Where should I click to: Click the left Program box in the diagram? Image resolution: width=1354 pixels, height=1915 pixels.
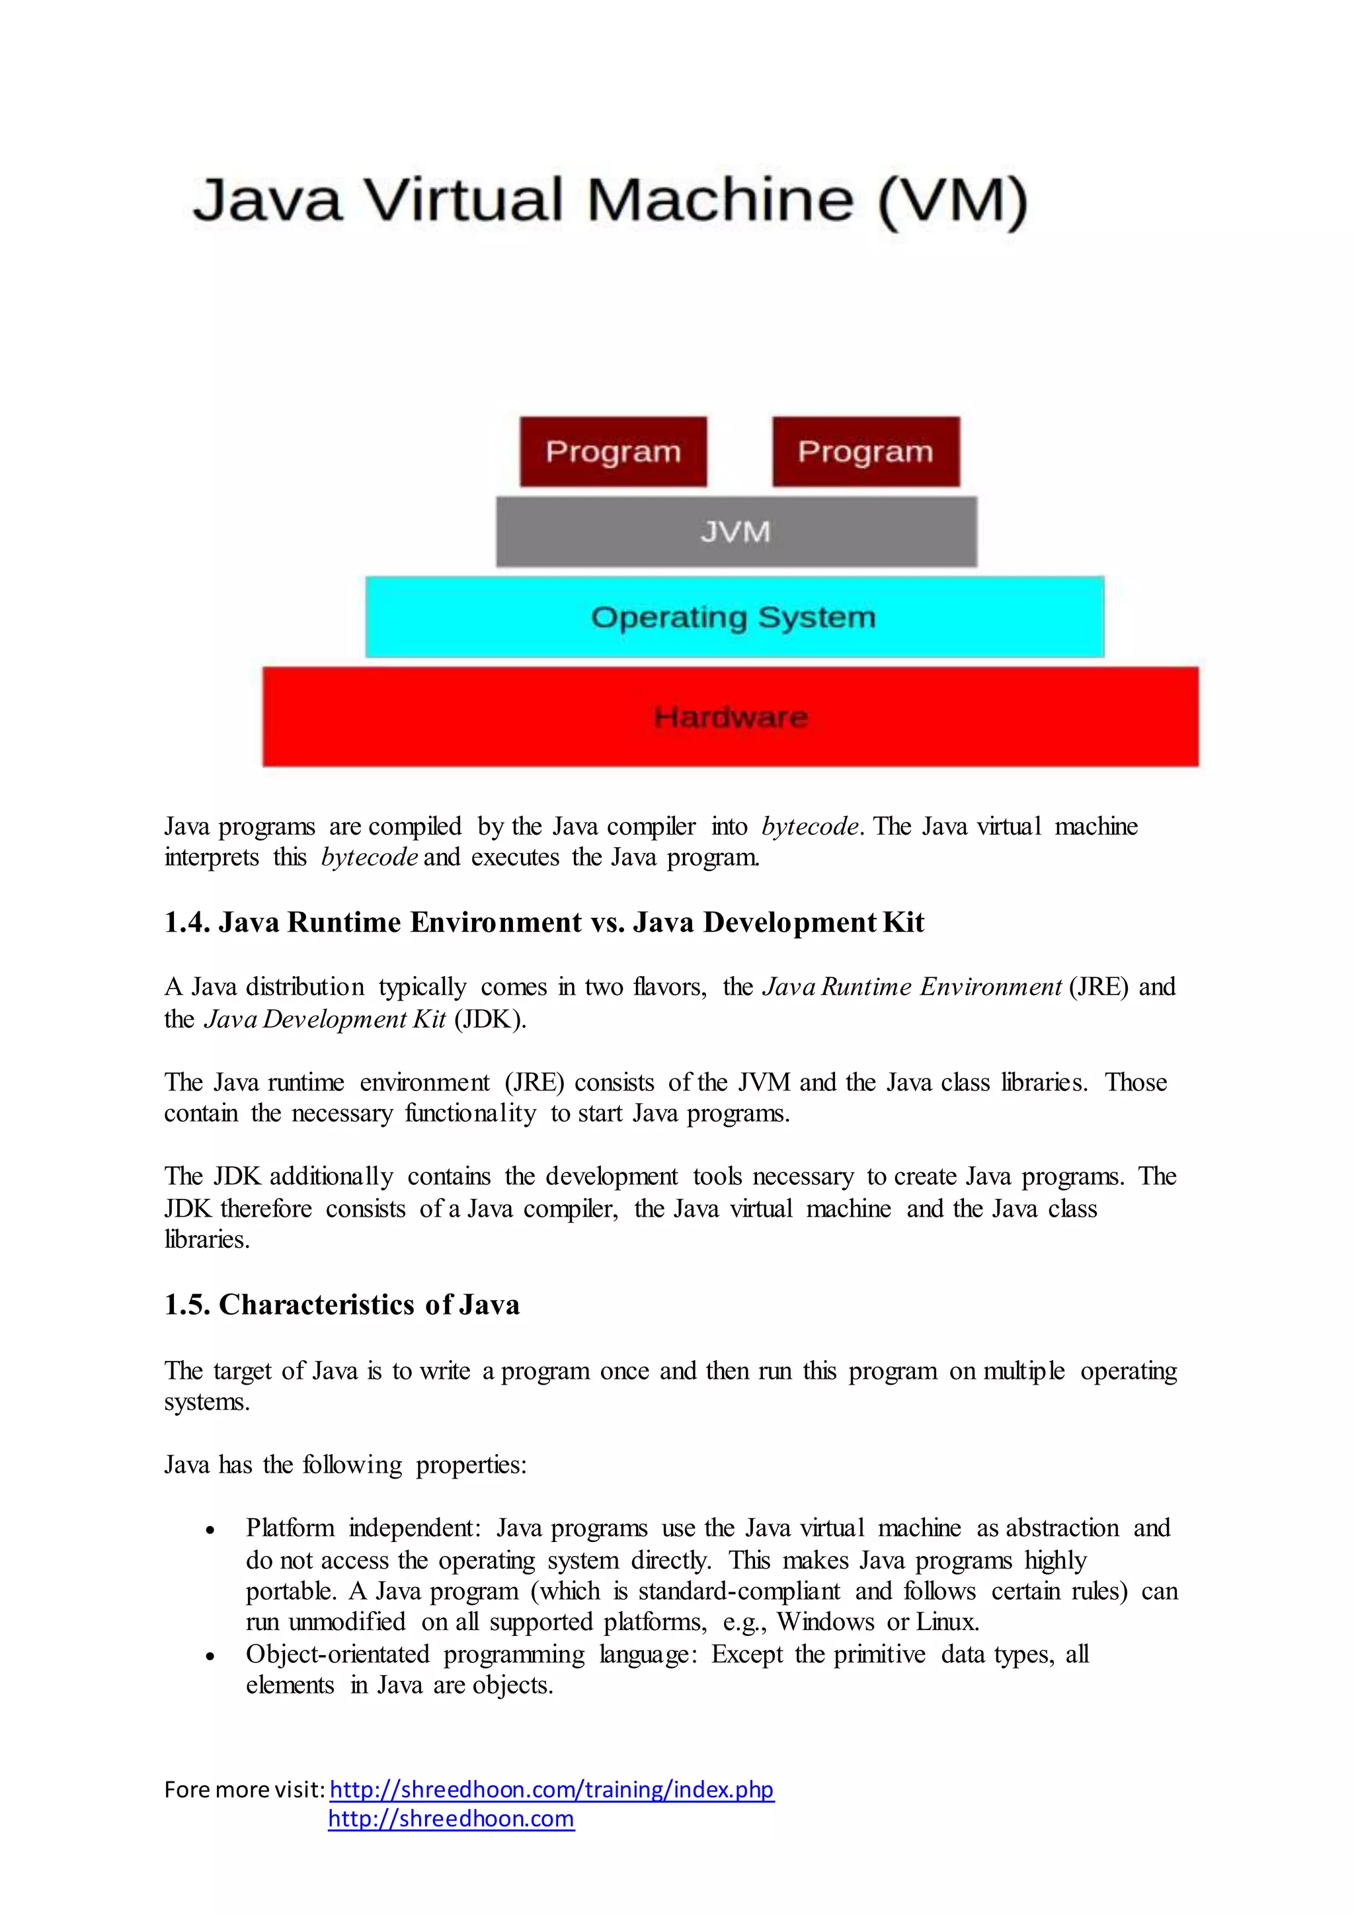(x=613, y=451)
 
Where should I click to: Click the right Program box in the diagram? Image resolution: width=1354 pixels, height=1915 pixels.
(x=865, y=451)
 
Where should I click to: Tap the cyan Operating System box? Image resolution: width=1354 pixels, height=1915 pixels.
(x=734, y=617)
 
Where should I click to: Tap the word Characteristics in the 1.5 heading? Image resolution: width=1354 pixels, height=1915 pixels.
(x=316, y=1305)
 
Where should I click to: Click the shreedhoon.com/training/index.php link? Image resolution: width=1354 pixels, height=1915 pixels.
(x=551, y=1789)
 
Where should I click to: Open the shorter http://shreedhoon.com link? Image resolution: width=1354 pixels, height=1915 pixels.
(x=451, y=1818)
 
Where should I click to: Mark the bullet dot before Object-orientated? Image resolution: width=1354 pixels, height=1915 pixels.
(x=210, y=1657)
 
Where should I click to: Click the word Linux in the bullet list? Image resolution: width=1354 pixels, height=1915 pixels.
(x=947, y=1622)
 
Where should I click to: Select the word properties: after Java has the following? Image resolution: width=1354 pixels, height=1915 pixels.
(x=471, y=1465)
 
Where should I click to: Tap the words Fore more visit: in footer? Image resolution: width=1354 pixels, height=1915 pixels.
(x=243, y=1790)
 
